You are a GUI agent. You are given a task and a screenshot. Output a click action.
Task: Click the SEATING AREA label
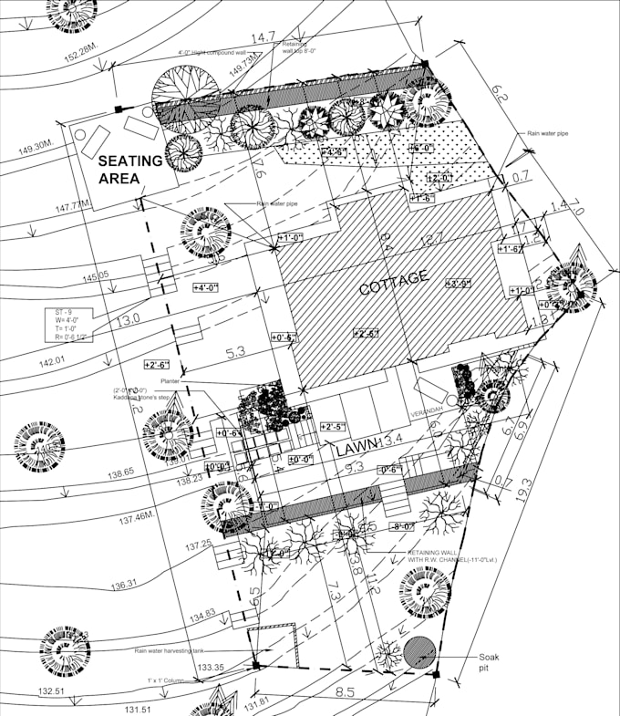pos(130,169)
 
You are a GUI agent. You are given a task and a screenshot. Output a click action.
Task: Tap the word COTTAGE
pos(393,283)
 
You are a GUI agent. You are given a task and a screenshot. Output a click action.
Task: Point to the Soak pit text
pos(491,662)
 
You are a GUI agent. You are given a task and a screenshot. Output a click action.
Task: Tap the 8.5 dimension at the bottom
pos(346,692)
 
